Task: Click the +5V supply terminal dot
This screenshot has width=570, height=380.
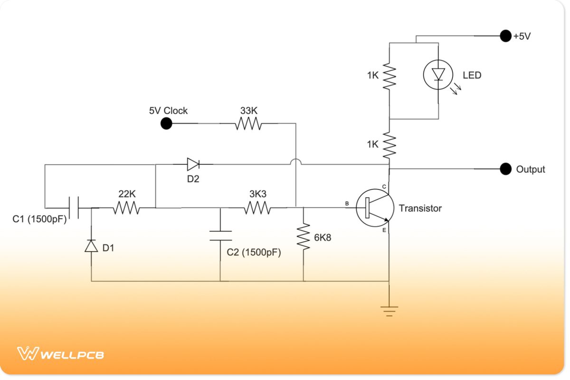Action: tap(504, 36)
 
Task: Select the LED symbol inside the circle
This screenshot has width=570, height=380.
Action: tap(437, 75)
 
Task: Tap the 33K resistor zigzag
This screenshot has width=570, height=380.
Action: tap(248, 124)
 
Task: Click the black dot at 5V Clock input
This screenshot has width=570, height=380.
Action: tap(166, 124)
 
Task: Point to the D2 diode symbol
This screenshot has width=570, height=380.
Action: tap(193, 164)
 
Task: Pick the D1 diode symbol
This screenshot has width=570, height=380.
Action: tap(91, 246)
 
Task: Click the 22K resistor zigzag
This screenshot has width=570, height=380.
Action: tap(126, 208)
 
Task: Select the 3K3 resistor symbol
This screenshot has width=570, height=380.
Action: tap(257, 208)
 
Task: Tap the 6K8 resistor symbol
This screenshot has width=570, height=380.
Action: tap(303, 237)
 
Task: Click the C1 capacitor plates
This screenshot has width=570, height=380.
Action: tap(74, 208)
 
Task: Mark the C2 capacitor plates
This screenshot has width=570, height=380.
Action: tap(220, 236)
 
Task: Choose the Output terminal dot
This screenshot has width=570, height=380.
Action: tap(504, 169)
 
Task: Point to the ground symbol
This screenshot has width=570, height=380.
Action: tap(389, 311)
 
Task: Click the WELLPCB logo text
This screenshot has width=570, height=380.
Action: tap(72, 354)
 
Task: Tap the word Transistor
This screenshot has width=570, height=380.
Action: tap(420, 208)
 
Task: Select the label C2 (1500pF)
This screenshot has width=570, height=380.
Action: tap(254, 253)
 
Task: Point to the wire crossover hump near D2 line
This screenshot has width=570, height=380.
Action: tap(295, 163)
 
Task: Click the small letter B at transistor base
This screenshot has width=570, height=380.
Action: tap(347, 204)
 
